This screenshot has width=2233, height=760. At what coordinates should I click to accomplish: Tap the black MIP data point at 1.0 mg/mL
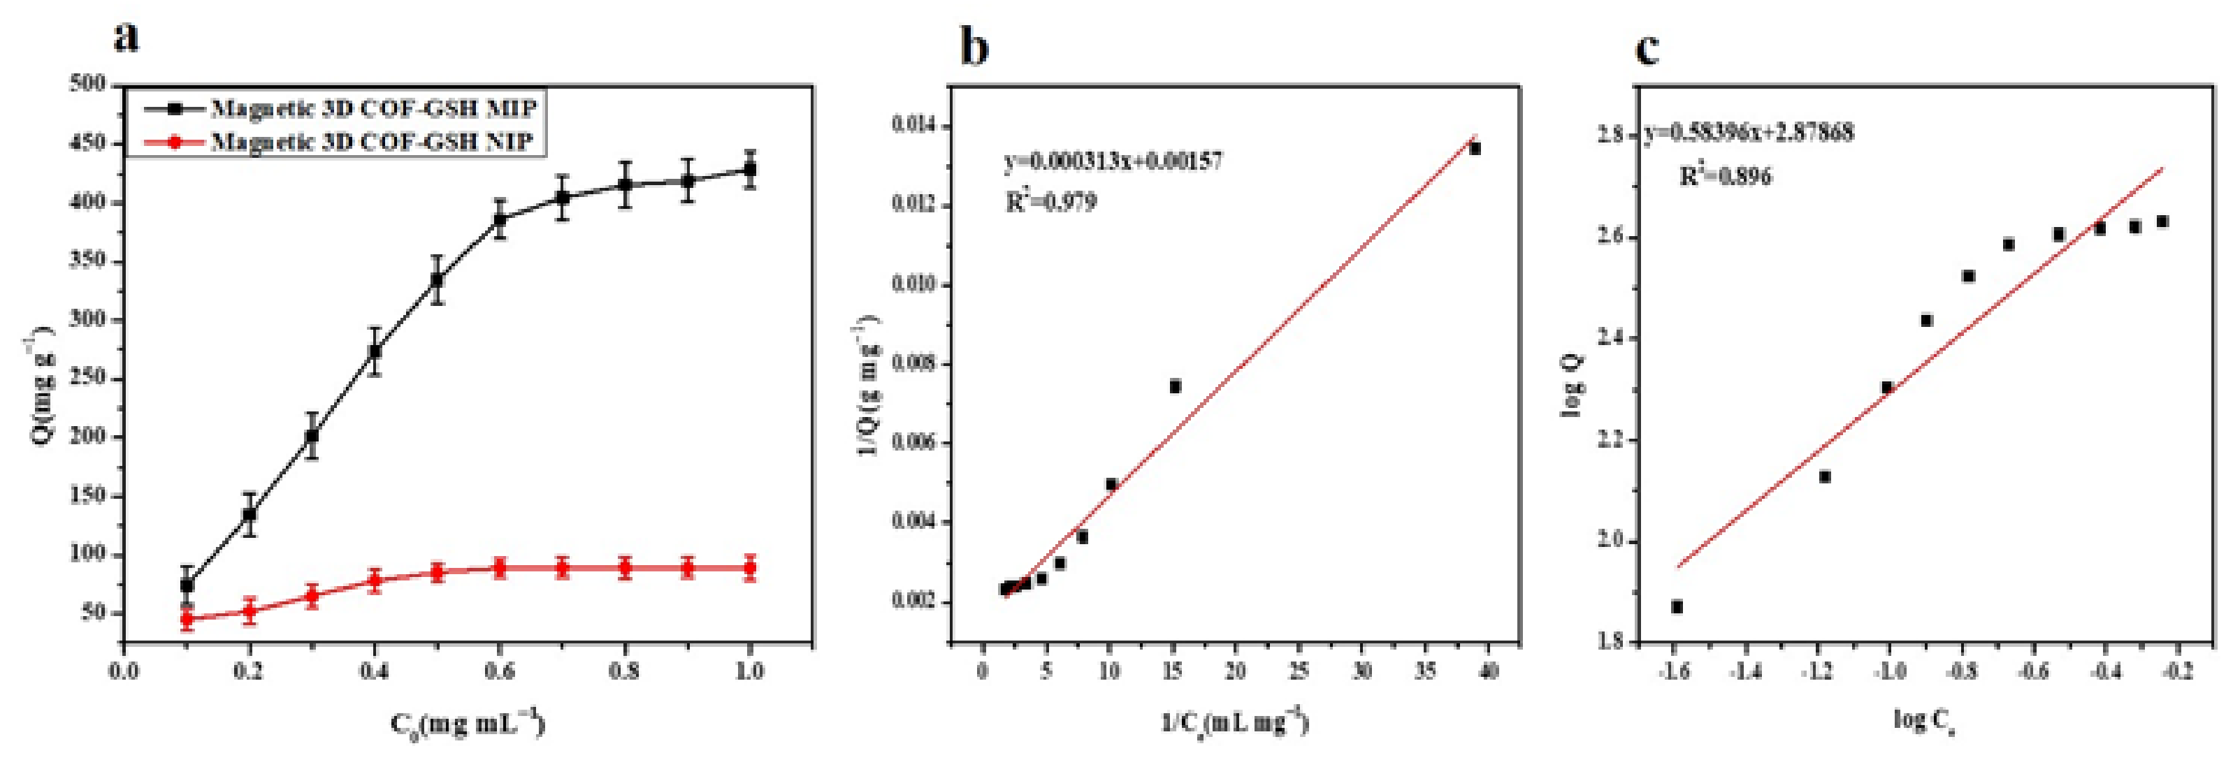point(750,170)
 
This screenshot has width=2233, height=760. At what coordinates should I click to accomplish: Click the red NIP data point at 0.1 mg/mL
point(187,619)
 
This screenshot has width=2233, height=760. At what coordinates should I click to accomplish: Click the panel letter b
point(974,47)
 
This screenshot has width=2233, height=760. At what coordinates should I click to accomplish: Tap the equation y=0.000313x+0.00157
point(1113,161)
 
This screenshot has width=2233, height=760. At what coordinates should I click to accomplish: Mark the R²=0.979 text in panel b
point(1050,203)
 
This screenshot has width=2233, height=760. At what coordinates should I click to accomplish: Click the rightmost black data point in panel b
point(1475,149)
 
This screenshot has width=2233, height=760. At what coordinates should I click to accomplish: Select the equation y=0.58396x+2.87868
point(1749,133)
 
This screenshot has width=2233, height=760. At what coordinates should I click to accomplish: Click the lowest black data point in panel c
point(1677,606)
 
